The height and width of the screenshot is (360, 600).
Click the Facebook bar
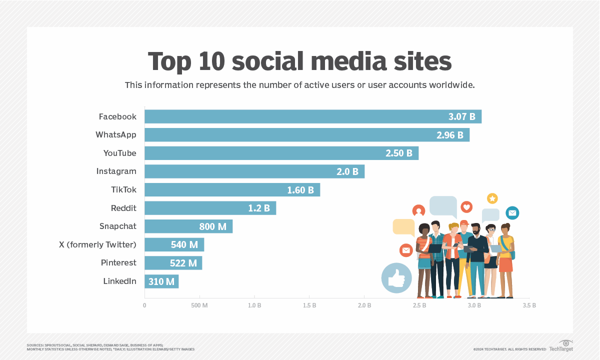click(300, 116)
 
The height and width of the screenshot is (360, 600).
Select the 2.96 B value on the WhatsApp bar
click(449, 135)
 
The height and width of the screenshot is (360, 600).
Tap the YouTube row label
click(119, 153)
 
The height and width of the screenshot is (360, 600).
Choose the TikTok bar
click(225, 190)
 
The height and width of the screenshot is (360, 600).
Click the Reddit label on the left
click(123, 208)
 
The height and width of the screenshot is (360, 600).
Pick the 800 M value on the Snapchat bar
click(212, 226)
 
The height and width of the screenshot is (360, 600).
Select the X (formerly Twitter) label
click(97, 244)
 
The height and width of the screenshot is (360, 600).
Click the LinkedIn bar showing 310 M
click(161, 281)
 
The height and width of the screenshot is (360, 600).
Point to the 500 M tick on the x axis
click(199, 305)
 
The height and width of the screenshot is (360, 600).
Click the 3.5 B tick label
click(529, 305)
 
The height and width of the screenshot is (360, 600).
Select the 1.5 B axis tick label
click(309, 305)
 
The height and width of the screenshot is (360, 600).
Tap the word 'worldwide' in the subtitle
click(449, 85)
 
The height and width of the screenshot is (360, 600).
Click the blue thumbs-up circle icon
click(396, 277)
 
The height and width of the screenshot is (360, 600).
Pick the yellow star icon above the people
click(492, 198)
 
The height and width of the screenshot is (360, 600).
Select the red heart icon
click(466, 207)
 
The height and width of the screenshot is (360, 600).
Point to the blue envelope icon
click(512, 213)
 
